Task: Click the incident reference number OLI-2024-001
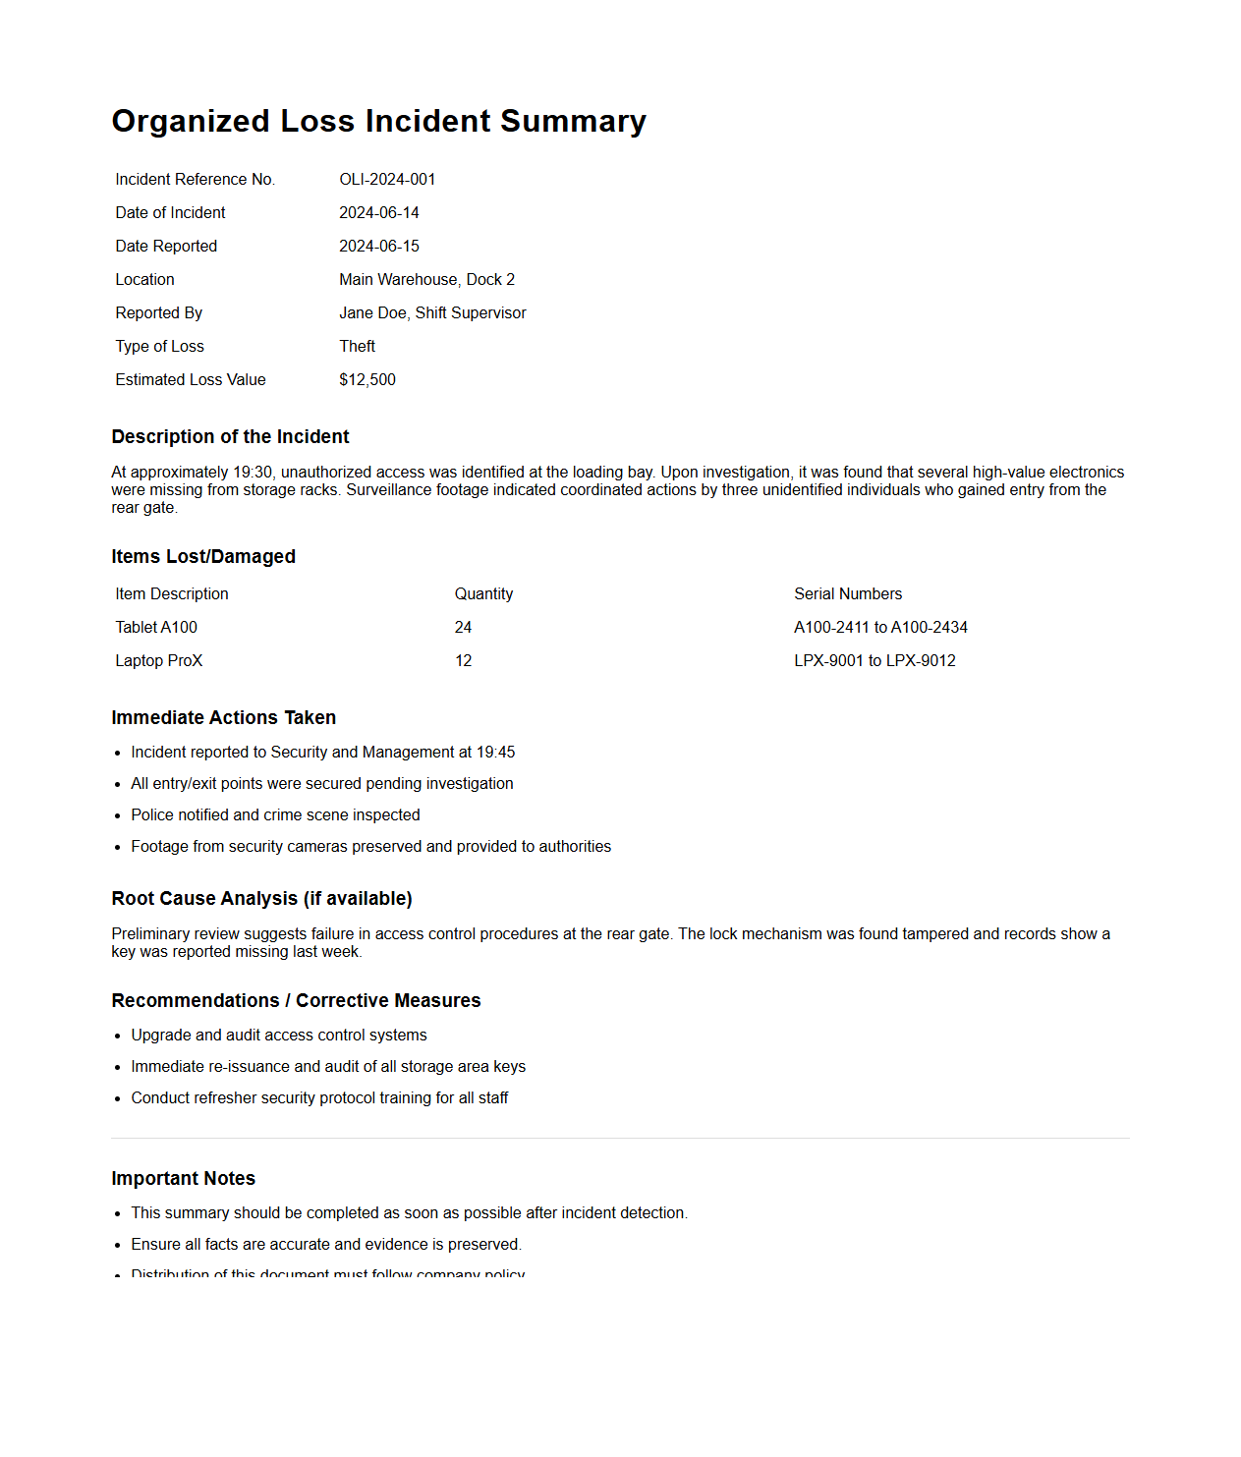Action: [x=387, y=179]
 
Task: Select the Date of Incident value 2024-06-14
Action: [x=379, y=212]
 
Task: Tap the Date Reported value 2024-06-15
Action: [x=379, y=246]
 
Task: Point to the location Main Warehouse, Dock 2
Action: [x=426, y=279]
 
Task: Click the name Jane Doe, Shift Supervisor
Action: [x=432, y=312]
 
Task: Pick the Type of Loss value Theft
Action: [x=357, y=346]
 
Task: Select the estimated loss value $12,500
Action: [x=367, y=379]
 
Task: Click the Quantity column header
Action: [x=483, y=593]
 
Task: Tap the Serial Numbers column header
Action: [x=847, y=593]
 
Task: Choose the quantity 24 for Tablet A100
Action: [x=463, y=627]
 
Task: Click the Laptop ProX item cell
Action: [x=158, y=660]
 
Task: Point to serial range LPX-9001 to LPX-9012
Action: [x=874, y=660]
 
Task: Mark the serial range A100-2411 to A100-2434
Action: [x=880, y=627]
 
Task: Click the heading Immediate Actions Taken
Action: [x=223, y=717]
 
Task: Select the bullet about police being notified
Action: [x=275, y=814]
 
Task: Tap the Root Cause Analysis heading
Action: [x=261, y=898]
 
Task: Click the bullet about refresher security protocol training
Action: [x=319, y=1097]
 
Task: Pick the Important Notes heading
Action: [x=183, y=1178]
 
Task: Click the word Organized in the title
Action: [x=191, y=121]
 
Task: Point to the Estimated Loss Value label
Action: [x=190, y=379]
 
